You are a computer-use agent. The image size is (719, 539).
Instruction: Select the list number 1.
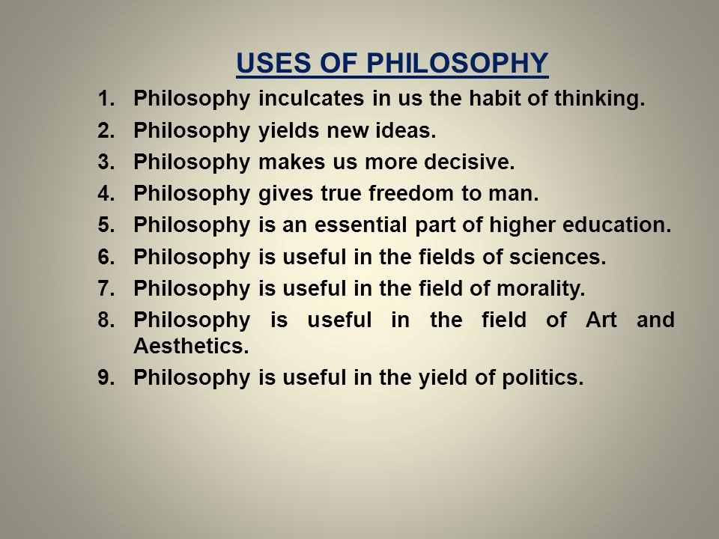[x=106, y=99]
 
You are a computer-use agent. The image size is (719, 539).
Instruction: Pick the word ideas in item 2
[x=406, y=130]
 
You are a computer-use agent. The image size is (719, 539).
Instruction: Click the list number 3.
[x=106, y=162]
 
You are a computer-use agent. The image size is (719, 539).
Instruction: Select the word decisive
[x=469, y=162]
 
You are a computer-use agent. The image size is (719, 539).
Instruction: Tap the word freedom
[x=411, y=193]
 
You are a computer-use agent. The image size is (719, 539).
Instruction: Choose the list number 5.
[x=106, y=225]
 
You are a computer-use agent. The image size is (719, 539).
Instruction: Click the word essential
[x=360, y=225]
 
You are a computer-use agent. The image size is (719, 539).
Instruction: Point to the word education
[x=616, y=225]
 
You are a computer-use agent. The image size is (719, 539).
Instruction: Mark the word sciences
[x=557, y=257]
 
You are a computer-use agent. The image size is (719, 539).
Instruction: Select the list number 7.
[x=106, y=288]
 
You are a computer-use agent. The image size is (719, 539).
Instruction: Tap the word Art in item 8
[x=601, y=320]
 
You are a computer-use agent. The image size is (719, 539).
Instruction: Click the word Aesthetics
[x=191, y=346]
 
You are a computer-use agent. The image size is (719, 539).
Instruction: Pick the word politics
[x=542, y=378]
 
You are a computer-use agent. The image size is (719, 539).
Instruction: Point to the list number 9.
[x=106, y=377]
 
